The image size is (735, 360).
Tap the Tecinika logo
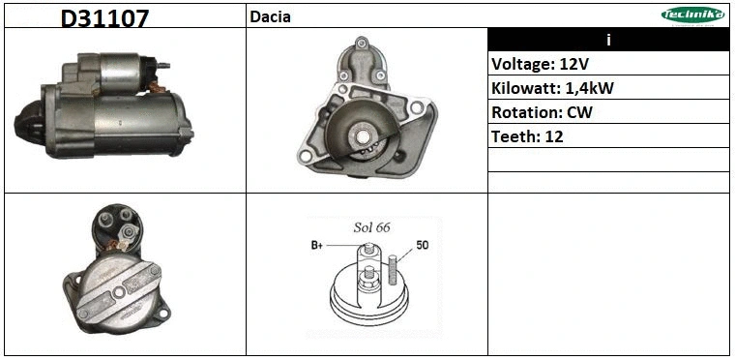(x=692, y=15)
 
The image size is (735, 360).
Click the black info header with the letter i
(x=608, y=40)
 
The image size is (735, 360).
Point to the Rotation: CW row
(x=542, y=112)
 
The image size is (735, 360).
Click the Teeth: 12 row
(x=527, y=136)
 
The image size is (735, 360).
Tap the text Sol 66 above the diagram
(x=370, y=226)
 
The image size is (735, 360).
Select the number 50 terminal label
(x=422, y=245)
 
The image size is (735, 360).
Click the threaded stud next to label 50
(x=393, y=268)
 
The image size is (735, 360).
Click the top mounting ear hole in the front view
(x=360, y=43)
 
